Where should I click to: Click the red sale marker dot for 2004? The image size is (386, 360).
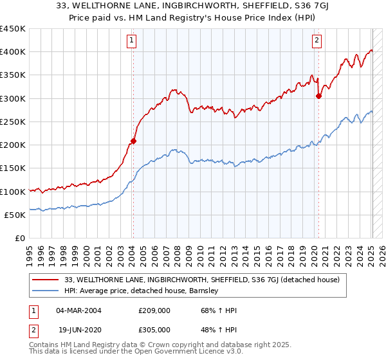coord(133,141)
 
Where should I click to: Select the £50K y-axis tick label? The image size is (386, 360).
coord(15,215)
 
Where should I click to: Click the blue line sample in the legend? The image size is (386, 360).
coord(46,291)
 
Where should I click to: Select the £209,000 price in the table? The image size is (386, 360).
coord(154,310)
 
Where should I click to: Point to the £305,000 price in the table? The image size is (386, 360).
coord(154,329)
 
